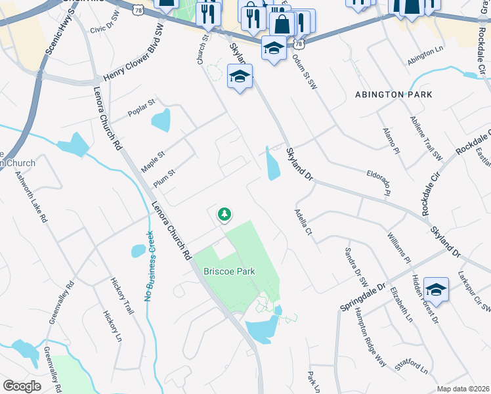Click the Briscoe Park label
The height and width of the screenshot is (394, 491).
pyautogui.click(x=228, y=271)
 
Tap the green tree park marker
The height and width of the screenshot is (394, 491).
pyautogui.click(x=224, y=214)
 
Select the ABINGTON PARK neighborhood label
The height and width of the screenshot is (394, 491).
pyautogui.click(x=393, y=95)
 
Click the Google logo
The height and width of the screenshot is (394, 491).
pyautogui.click(x=22, y=385)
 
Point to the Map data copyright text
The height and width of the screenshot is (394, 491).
pyautogui.click(x=463, y=389)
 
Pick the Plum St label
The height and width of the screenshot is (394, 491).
pyautogui.click(x=164, y=177)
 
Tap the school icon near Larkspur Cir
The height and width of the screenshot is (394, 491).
pyautogui.click(x=436, y=290)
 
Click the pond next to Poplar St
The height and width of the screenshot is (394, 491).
pyautogui.click(x=160, y=120)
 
